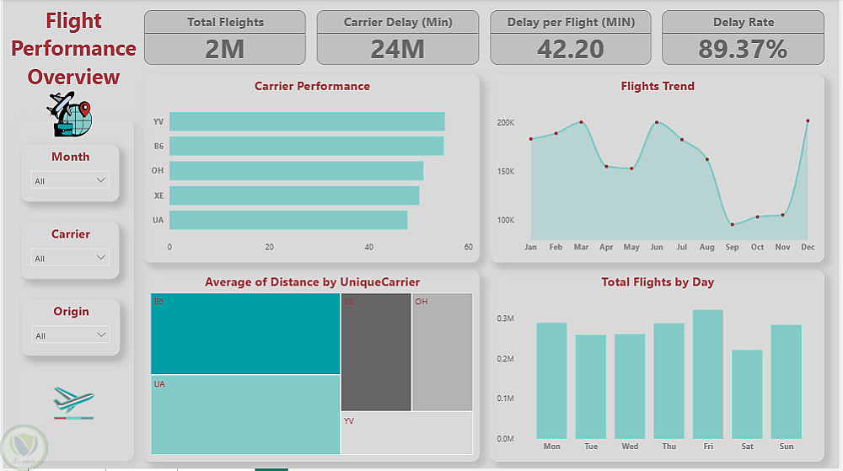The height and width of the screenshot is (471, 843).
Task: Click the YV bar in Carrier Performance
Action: coord(307,122)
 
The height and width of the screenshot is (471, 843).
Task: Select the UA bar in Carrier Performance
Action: coord(288,220)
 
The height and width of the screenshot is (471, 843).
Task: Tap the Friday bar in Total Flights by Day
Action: coord(708,374)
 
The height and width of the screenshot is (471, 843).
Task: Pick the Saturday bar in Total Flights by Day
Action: coord(747,394)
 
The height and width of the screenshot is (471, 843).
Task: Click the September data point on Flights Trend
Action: coord(732,224)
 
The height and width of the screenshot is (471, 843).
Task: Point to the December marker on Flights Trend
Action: coord(808,121)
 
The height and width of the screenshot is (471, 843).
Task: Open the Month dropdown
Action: coord(71,180)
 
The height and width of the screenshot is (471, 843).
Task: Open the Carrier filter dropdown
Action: coord(71,258)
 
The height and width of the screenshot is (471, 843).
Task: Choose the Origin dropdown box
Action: coord(71,335)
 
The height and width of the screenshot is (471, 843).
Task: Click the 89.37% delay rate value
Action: coord(743,49)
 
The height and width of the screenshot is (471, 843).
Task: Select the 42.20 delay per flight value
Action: coord(571,49)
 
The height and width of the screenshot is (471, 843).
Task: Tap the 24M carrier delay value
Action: coord(397,49)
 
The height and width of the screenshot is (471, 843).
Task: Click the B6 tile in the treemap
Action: coord(245,334)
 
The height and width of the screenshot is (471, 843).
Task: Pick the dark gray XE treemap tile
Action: coord(376,352)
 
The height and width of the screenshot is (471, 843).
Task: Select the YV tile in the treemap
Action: coord(406,433)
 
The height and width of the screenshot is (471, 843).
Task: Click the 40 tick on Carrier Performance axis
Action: coord(369,248)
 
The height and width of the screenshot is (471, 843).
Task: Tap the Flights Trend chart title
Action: coord(658,86)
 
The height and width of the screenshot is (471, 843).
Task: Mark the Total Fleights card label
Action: coord(225,23)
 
